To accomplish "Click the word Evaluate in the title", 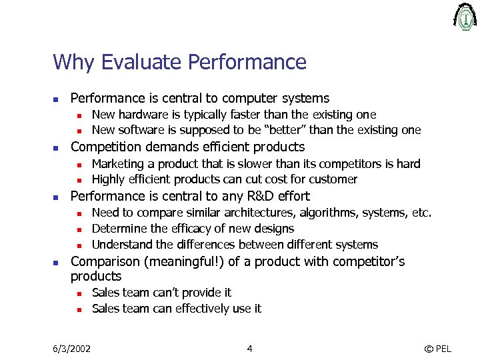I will [143, 62].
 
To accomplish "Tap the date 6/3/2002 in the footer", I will [72, 348].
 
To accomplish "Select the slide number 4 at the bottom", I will [249, 348].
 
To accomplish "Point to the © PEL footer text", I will [437, 348].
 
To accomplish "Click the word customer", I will [336, 179].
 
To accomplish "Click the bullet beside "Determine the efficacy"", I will [78, 229].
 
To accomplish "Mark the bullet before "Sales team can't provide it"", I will [78, 293].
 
